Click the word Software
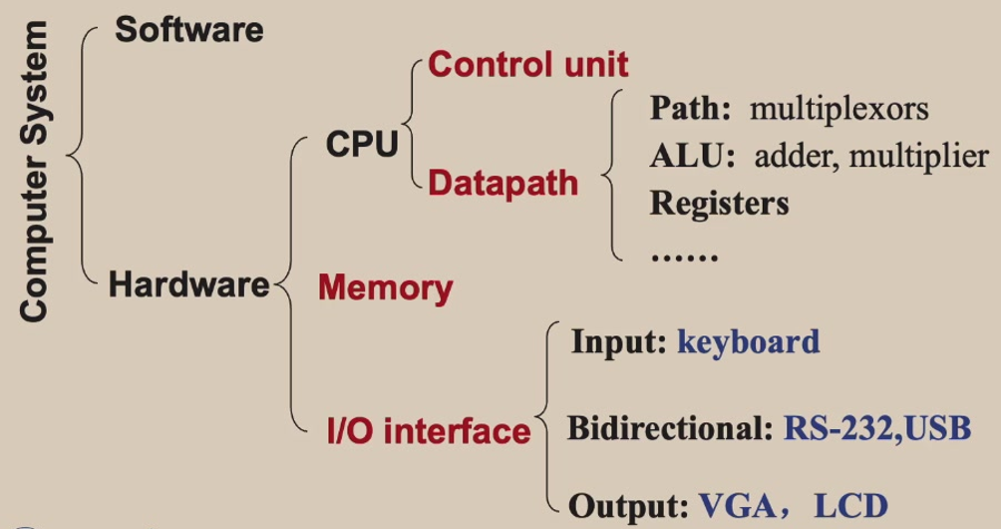[189, 29]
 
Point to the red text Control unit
[528, 66]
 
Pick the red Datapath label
[502, 183]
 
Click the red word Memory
[385, 288]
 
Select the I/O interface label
[429, 431]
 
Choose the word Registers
[719, 204]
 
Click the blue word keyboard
[748, 341]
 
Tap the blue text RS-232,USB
[876, 429]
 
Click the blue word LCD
[849, 506]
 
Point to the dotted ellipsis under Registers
[684, 256]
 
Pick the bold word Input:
[618, 341]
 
